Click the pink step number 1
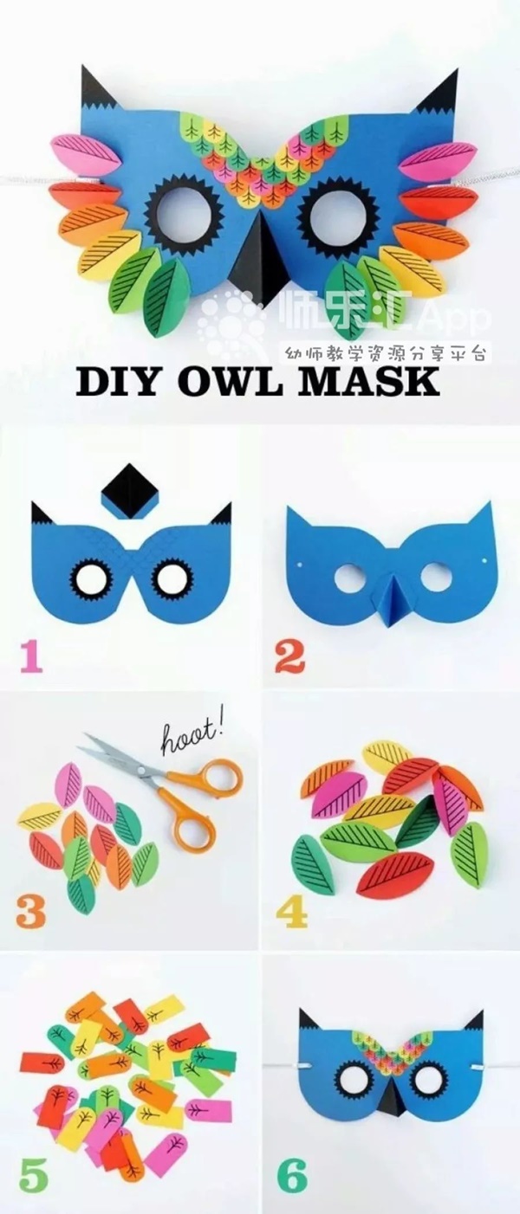click(x=32, y=657)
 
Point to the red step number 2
click(x=290, y=657)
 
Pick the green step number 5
click(x=32, y=1173)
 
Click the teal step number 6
click(x=292, y=1173)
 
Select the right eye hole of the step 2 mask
click(x=435, y=578)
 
